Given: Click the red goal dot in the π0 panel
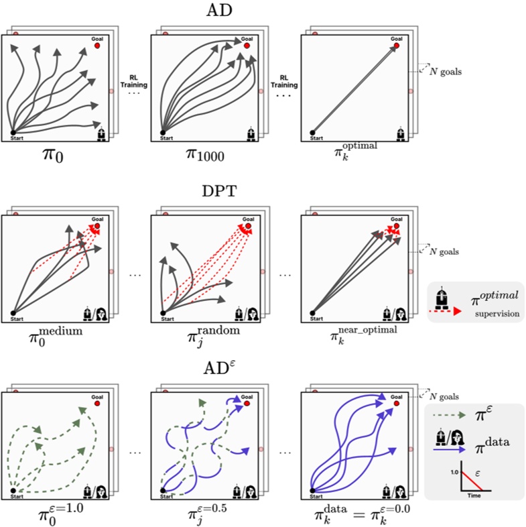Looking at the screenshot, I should [x=97, y=47].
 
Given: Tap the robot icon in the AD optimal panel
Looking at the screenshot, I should [x=400, y=133].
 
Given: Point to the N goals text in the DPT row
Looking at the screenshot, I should [x=443, y=250].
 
